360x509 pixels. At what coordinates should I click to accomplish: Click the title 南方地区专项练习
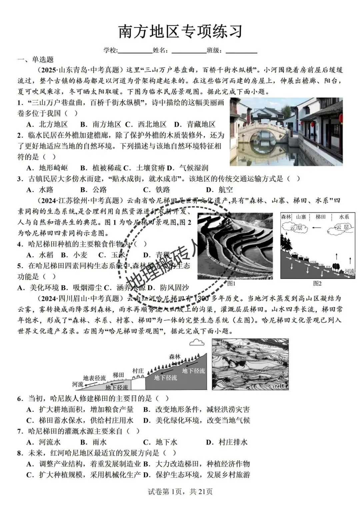coord(180,32)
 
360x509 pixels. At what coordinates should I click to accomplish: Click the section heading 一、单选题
coord(36,60)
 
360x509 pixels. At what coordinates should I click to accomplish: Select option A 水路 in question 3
coord(40,190)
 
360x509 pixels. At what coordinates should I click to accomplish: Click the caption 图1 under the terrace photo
coord(231,284)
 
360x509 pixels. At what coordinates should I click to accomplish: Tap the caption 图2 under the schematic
coord(317,284)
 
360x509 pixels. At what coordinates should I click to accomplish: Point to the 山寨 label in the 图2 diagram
coord(301,217)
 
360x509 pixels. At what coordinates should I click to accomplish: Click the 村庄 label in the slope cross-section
coord(138,371)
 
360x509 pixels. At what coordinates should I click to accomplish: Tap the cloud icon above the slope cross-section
coord(197,342)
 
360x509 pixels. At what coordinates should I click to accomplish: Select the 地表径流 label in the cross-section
coord(94,378)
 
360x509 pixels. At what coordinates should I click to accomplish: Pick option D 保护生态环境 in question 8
coord(197,475)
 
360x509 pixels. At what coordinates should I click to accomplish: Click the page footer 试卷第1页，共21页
coord(180,492)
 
